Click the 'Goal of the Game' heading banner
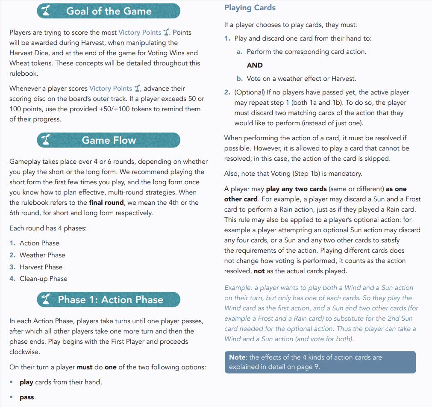click(x=109, y=11)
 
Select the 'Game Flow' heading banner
click(x=109, y=140)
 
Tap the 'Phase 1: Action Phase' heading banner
click(x=109, y=300)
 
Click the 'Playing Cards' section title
click(x=250, y=8)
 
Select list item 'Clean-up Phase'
click(x=44, y=279)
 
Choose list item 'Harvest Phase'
click(x=41, y=267)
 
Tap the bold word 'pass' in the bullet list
click(x=26, y=397)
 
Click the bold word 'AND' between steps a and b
click(x=255, y=65)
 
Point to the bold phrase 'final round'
click(x=106, y=202)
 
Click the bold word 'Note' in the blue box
click(x=237, y=357)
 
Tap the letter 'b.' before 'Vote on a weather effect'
click(x=240, y=79)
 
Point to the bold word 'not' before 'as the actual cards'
click(x=259, y=271)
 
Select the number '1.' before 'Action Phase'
click(x=13, y=243)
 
